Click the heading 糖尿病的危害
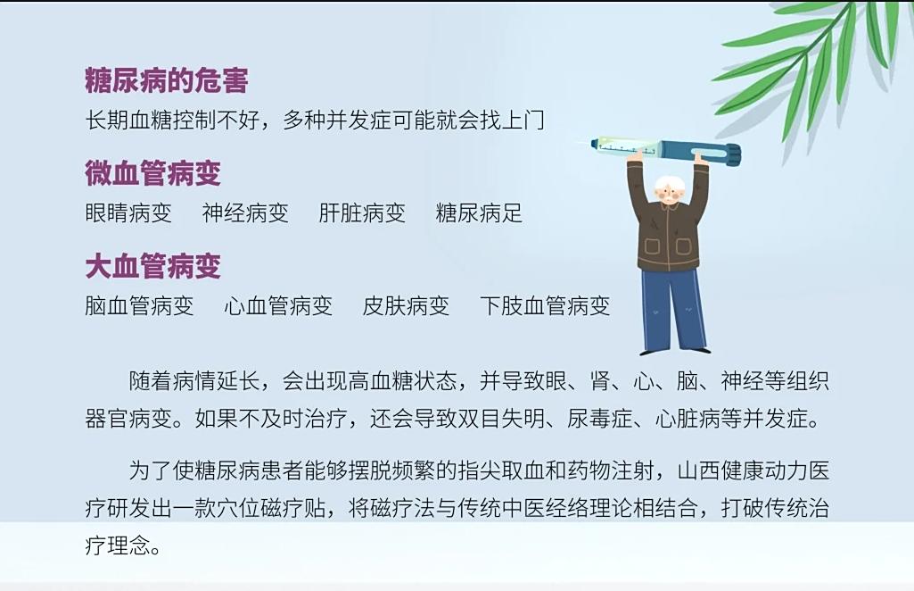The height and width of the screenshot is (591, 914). (x=167, y=80)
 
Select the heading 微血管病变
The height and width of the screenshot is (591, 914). (x=153, y=172)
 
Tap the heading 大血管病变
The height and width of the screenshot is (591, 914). (x=153, y=266)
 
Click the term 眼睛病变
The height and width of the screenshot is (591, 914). (x=128, y=213)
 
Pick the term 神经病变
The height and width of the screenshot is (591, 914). (x=245, y=213)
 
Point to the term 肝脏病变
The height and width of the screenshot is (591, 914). (x=362, y=213)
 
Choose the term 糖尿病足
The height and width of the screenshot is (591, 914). (x=479, y=213)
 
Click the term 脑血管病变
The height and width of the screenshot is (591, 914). (x=139, y=305)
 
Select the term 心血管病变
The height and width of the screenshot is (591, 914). (x=278, y=305)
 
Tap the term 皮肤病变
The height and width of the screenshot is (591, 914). (x=406, y=305)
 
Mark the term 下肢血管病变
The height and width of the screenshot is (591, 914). (x=545, y=305)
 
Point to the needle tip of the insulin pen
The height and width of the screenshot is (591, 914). (x=576, y=143)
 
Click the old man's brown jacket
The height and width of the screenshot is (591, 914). (x=669, y=233)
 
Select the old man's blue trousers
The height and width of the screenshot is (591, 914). (x=673, y=309)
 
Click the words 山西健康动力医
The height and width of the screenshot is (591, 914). (x=753, y=470)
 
